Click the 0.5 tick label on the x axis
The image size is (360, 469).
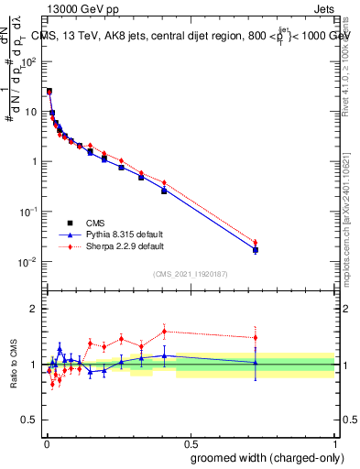191,442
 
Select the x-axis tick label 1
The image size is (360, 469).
335,442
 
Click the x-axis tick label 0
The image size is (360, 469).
46,442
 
